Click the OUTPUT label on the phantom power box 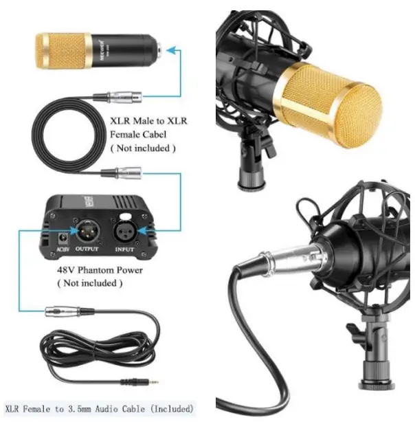pyautogui.click(x=85, y=249)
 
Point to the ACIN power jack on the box pyautogui.click(x=62, y=240)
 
